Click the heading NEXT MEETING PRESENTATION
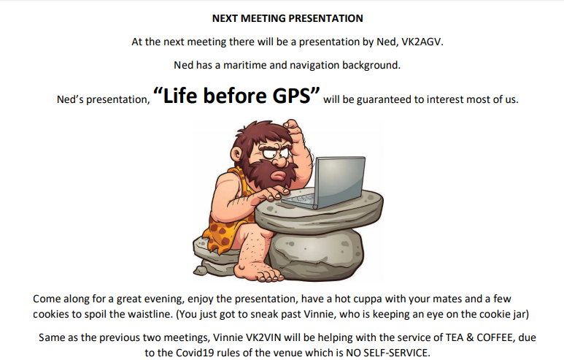[287, 18]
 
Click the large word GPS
[291, 96]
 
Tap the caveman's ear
[236, 155]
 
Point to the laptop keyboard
[298, 200]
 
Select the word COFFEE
[495, 337]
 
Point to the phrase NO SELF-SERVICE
[387, 353]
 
